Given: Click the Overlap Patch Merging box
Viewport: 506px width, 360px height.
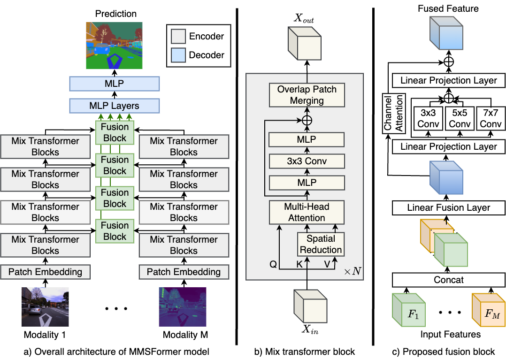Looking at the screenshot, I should coord(307,94).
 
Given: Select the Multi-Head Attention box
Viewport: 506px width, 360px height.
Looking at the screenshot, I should coord(307,212).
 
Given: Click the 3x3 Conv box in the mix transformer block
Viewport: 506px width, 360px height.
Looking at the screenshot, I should coord(307,161).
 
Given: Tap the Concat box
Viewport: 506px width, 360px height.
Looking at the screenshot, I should coord(448,280).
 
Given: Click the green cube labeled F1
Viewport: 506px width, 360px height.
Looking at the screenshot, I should coord(410,311).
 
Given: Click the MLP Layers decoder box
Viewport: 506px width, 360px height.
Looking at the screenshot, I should coord(115,105).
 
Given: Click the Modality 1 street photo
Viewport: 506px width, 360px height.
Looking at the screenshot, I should coord(45,307).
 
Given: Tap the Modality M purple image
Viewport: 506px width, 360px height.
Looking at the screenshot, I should coord(183,307).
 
